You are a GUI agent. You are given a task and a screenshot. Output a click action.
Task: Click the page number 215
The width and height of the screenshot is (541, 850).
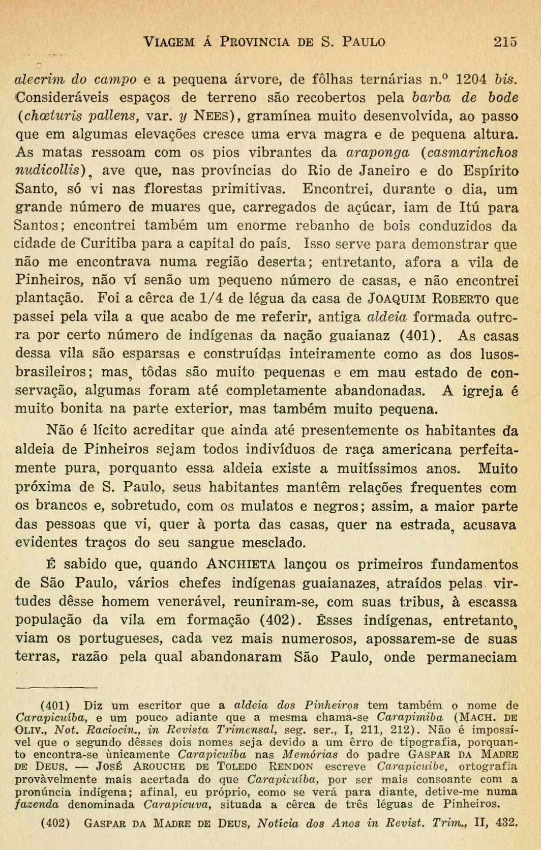[505, 41]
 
